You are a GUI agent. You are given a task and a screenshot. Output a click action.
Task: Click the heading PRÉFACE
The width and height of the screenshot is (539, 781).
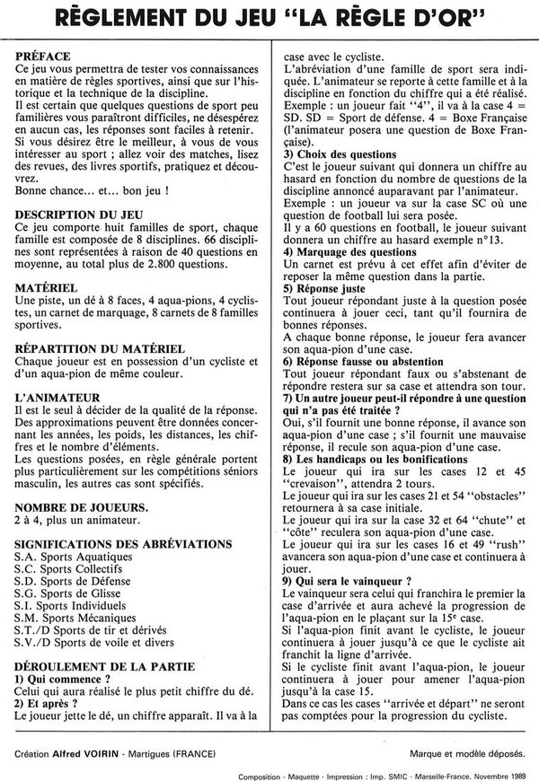(43, 57)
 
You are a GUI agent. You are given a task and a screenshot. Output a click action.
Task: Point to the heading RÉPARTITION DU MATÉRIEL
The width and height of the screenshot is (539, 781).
(101, 346)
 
